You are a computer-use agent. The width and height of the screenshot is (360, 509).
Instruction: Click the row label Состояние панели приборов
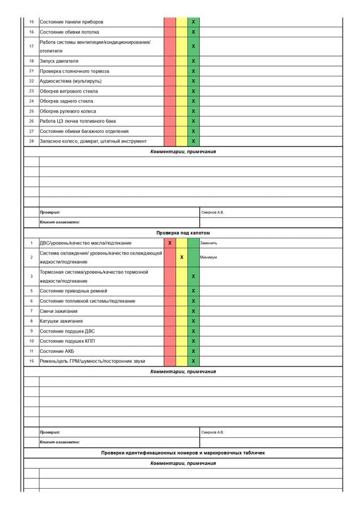coord(71,22)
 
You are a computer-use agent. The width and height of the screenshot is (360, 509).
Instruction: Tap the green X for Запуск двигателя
coord(194,61)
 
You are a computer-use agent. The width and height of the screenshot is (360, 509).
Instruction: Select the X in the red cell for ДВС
coord(170,243)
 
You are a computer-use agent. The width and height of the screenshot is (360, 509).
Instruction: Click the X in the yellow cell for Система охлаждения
coord(182,257)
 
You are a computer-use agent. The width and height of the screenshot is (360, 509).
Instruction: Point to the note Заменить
coord(208,243)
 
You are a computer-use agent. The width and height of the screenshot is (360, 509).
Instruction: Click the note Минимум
coord(208,257)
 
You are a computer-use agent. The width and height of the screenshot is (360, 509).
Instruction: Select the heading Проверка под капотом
coord(183,233)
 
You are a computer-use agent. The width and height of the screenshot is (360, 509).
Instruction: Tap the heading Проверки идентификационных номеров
coord(183,453)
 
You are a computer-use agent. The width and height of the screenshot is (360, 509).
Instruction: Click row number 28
coord(32,141)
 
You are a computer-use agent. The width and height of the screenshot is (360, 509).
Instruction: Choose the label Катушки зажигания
coord(61,321)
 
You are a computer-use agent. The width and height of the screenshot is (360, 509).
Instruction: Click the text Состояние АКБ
coord(57,351)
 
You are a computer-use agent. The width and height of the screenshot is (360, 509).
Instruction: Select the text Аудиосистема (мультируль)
coord(71,81)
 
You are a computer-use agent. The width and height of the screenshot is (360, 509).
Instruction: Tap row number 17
coord(32,46)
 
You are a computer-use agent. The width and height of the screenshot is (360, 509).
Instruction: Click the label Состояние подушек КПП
coord(63,341)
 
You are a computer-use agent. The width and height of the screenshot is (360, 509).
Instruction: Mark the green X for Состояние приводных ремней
coord(194,291)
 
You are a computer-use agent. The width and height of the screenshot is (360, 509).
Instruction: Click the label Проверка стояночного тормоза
coord(74,71)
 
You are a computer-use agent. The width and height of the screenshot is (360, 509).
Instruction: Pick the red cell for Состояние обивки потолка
coord(170,32)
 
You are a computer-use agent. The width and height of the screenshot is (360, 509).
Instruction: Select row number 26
coord(32,121)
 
